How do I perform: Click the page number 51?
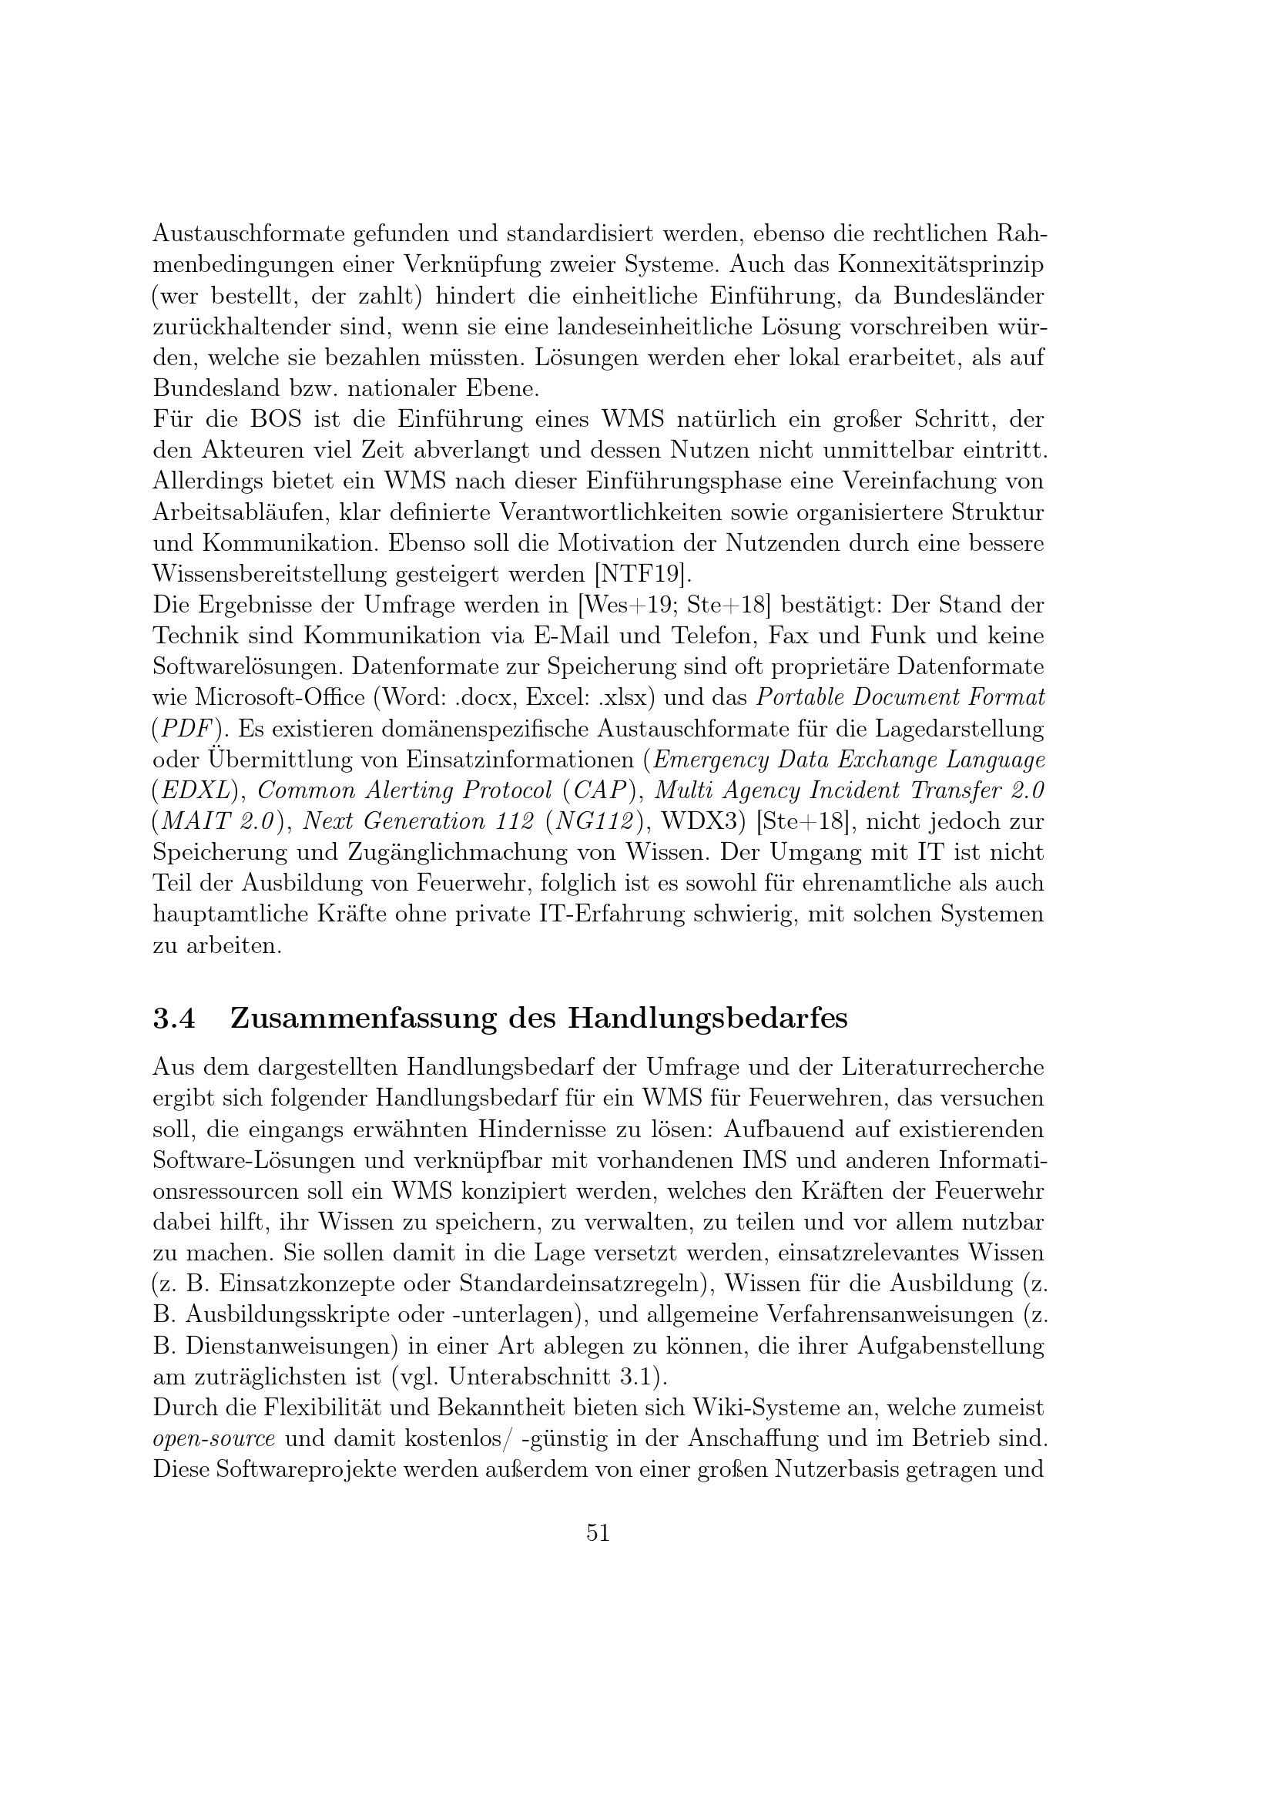(x=598, y=1532)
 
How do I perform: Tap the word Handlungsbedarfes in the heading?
(x=708, y=1018)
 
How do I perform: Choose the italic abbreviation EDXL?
(x=196, y=790)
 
